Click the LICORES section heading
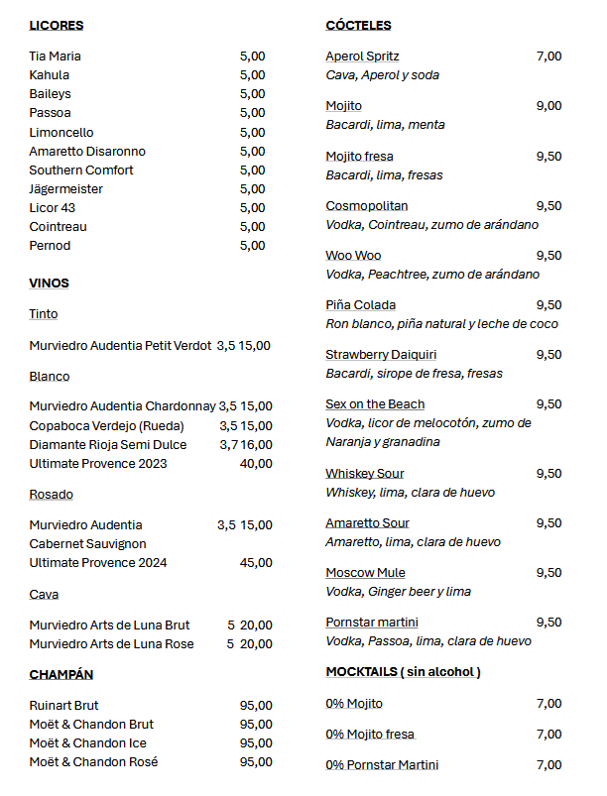(57, 26)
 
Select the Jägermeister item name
(66, 189)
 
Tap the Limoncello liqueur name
(61, 133)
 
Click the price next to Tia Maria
(252, 57)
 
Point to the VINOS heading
(50, 284)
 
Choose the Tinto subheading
(44, 314)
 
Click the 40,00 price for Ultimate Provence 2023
(256, 464)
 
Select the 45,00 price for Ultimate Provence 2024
(256, 563)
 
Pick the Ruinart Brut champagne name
(63, 706)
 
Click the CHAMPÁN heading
(61, 675)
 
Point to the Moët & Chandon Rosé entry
(93, 762)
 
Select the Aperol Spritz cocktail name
(362, 57)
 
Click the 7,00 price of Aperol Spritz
(548, 57)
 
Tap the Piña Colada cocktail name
(360, 305)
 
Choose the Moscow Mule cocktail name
(365, 573)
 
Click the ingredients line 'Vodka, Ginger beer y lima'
(398, 592)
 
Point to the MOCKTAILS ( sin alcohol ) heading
(403, 672)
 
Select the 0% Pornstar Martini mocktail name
(382, 765)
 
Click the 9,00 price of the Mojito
(548, 106)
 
